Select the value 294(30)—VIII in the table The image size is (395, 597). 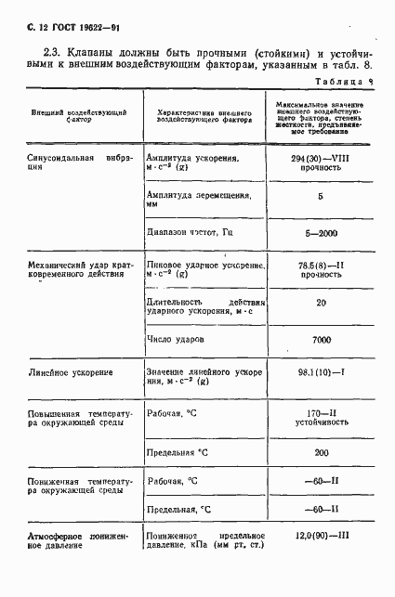click(320, 160)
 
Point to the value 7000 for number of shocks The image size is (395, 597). click(321, 341)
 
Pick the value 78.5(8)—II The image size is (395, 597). click(320, 266)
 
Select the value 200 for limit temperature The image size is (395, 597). click(321, 452)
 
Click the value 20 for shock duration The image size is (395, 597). click(321, 302)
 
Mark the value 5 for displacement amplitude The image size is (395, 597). click(321, 197)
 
